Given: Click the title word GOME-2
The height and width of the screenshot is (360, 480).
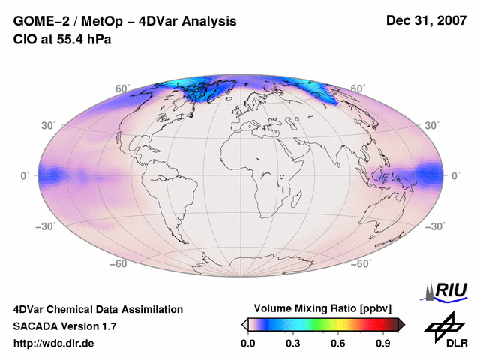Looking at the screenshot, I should coord(38,22).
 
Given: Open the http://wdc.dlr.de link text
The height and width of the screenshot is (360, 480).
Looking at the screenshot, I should coord(54,343).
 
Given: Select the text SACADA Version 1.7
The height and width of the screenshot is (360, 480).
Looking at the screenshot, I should coord(64,326).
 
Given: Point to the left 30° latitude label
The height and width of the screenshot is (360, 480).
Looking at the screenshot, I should coord(49,125).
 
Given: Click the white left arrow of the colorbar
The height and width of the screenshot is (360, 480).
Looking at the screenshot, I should coord(244,324).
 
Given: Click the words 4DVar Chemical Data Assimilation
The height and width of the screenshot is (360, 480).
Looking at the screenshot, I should coord(97,309).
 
